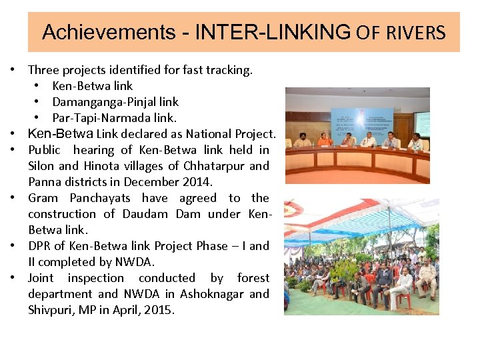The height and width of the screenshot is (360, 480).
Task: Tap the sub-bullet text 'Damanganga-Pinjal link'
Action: (115, 102)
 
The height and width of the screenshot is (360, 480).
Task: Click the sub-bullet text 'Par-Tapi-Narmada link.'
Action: (114, 118)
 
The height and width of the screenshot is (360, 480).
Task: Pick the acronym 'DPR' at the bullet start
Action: (40, 246)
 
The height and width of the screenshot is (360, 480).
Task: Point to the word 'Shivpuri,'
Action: (53, 310)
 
